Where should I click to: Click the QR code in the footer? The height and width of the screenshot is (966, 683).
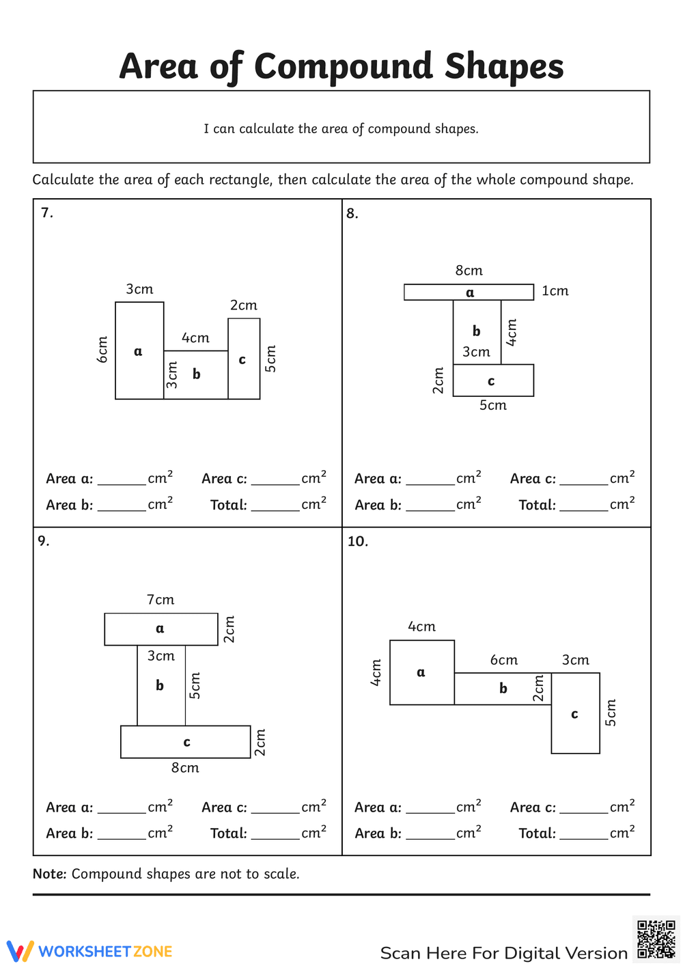tap(656, 940)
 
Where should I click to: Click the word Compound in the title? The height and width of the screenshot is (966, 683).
tap(344, 67)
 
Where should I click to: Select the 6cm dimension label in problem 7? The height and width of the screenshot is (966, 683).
tap(102, 349)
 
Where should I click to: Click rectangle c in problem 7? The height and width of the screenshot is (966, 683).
tap(244, 359)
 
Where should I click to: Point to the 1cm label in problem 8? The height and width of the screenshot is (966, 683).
tap(555, 291)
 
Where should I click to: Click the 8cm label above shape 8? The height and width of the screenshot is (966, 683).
tap(469, 271)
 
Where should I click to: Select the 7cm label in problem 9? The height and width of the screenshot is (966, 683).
tap(161, 600)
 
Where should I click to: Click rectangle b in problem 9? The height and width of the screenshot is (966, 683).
tap(161, 685)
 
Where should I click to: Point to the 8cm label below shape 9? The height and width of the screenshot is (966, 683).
tap(185, 768)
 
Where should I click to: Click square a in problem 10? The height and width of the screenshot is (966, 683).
tap(421, 672)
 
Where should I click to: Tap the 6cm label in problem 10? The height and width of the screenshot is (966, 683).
tap(504, 660)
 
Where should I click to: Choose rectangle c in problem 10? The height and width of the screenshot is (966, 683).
tap(575, 713)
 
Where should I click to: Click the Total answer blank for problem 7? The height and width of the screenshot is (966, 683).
tap(275, 506)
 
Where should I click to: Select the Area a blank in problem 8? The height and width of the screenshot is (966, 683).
tap(430, 480)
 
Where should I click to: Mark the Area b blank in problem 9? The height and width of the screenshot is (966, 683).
tap(122, 834)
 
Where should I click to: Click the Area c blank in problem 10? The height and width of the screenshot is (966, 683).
tap(584, 808)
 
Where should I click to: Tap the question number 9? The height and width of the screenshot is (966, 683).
tap(44, 541)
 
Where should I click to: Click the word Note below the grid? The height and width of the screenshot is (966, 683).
tap(49, 874)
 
